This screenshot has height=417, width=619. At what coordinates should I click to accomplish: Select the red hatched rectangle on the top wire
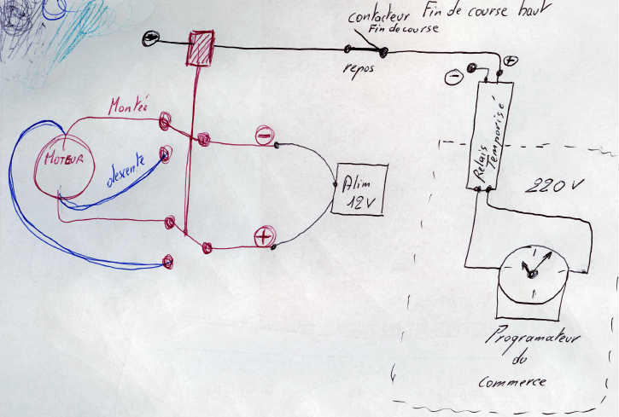coord(201,47)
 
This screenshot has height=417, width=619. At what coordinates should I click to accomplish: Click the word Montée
coord(128,107)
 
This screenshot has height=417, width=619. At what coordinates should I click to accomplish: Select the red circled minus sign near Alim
coord(263,135)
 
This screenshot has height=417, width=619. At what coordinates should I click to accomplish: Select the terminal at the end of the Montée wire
coord(166,124)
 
